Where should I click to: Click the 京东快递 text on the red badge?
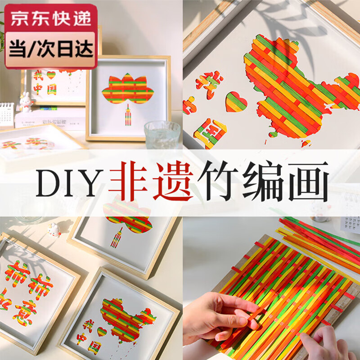pyautogui.click(x=50, y=18)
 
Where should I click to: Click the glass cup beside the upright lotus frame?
pyautogui.click(x=162, y=133)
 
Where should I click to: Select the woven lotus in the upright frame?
pyautogui.click(x=128, y=92)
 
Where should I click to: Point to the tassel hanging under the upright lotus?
pyautogui.click(x=128, y=115)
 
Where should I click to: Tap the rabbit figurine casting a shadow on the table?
pyautogui.click(x=54, y=230)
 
